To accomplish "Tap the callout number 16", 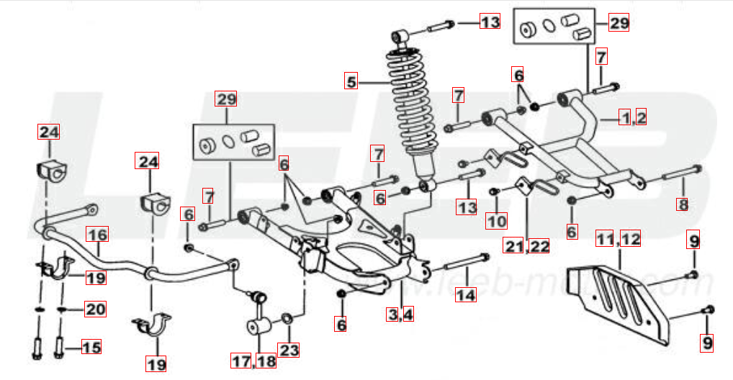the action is [x=98, y=234].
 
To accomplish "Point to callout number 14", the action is [x=466, y=294].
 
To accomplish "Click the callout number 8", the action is [x=683, y=204].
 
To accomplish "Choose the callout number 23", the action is [x=289, y=350].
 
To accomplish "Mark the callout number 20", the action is [x=95, y=309].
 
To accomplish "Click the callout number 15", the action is [x=91, y=347].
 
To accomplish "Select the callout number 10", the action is [x=496, y=220].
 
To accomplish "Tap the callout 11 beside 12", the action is [x=606, y=239].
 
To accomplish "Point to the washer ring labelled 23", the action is [x=287, y=319].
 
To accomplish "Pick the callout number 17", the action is [x=242, y=361].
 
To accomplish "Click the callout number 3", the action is [x=392, y=314].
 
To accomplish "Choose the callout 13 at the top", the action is [x=490, y=22].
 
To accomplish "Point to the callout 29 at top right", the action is [x=619, y=22].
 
